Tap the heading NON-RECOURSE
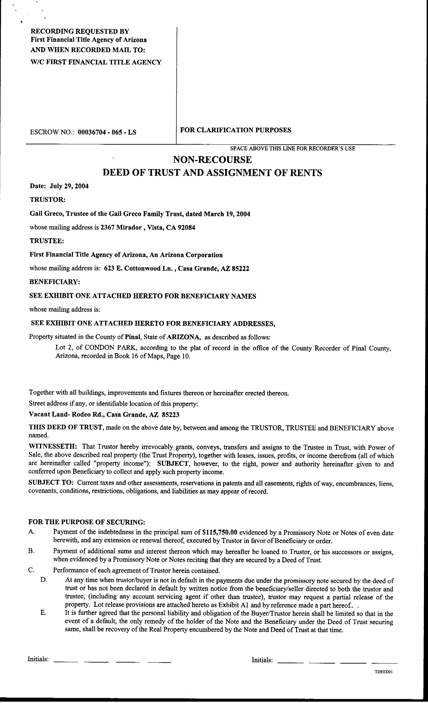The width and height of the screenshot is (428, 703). (x=212, y=160)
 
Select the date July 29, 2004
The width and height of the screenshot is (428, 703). (x=69, y=186)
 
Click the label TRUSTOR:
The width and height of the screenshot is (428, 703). (x=48, y=199)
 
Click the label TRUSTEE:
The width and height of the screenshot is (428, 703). (x=47, y=241)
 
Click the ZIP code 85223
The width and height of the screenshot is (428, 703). (x=171, y=414)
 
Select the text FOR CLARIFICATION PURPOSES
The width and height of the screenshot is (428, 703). (x=236, y=130)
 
